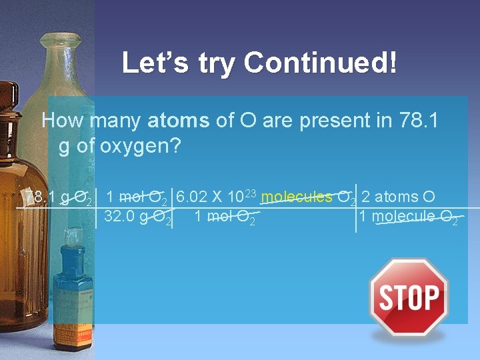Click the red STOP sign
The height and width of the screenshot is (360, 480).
(x=409, y=297)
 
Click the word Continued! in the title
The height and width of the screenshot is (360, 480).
(x=321, y=63)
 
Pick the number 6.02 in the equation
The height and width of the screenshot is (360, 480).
(x=190, y=197)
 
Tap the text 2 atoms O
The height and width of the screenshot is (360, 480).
(x=398, y=197)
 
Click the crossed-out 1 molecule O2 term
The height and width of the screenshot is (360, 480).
(x=408, y=217)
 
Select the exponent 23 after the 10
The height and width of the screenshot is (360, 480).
(x=251, y=192)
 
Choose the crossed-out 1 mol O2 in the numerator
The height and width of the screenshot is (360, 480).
(x=136, y=197)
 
